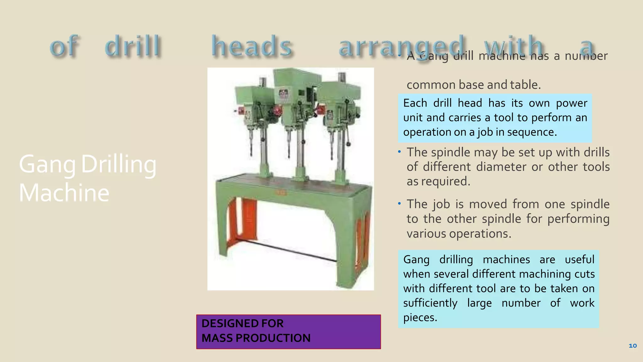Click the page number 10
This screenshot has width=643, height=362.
tap(632, 346)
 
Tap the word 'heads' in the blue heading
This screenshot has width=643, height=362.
tap(252, 47)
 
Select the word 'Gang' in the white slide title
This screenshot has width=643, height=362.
tap(47, 164)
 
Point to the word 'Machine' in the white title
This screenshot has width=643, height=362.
tap(64, 192)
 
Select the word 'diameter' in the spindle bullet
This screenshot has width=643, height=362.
tap(501, 167)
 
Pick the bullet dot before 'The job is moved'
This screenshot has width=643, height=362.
tap(399, 204)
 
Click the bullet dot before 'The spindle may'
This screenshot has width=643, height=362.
tap(399, 152)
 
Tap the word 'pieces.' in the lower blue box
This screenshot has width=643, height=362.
tap(420, 317)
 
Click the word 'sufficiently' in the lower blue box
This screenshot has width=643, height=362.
tap(430, 303)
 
